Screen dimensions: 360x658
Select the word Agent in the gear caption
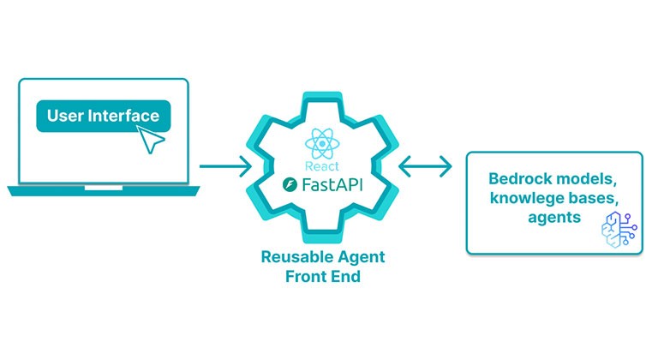359,257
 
